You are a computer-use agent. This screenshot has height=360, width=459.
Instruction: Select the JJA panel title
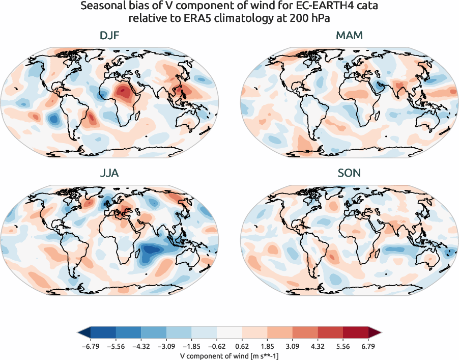point(109,173)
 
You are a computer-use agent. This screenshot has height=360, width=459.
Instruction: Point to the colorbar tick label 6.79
point(368,346)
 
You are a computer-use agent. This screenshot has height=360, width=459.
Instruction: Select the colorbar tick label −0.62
point(217,346)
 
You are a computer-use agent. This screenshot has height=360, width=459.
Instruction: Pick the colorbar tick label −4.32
point(141,346)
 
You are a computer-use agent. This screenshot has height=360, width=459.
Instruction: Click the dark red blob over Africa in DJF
point(123,93)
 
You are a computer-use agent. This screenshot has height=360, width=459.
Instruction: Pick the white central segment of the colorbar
point(230,333)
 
